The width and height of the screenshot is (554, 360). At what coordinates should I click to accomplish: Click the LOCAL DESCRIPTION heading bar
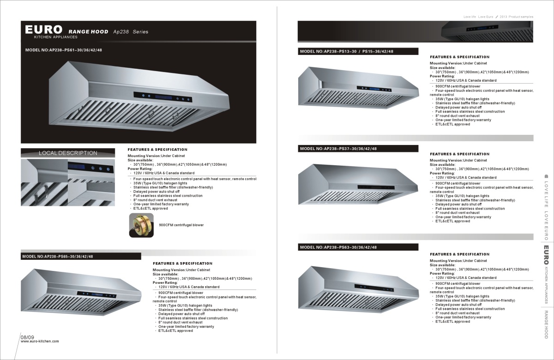pyautogui.click(x=68, y=153)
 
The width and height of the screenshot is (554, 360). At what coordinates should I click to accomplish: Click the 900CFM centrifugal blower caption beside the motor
pyautogui.click(x=181, y=225)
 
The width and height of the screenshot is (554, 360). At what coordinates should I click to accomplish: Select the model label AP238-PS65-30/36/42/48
pyautogui.click(x=58, y=257)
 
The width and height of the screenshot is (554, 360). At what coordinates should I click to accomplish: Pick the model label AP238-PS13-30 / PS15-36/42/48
pyautogui.click(x=347, y=51)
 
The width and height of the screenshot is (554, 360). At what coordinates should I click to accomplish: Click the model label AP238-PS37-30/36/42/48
pyautogui.click(x=338, y=149)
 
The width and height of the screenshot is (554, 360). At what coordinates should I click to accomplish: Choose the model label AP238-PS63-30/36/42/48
pyautogui.click(x=338, y=247)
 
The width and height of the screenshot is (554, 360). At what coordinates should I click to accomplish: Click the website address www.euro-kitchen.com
pyautogui.click(x=40, y=342)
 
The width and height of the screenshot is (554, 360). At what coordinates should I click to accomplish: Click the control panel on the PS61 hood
pyautogui.click(x=163, y=97)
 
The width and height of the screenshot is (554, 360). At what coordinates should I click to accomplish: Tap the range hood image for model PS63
pyautogui.click(x=360, y=288)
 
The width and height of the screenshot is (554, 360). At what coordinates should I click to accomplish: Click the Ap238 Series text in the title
pyautogui.click(x=131, y=32)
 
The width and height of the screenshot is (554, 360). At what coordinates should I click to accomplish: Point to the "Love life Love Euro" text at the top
pyautogui.click(x=478, y=17)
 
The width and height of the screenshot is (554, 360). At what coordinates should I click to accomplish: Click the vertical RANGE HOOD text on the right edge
pyautogui.click(x=546, y=324)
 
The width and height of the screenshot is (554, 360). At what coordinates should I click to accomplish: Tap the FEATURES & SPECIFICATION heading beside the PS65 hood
pyautogui.click(x=182, y=263)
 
